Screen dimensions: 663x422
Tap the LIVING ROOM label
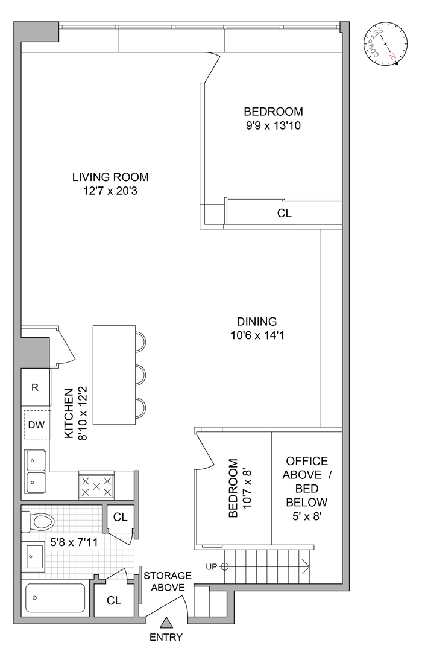pyautogui.click(x=110, y=177)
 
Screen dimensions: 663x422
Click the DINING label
pyautogui.click(x=256, y=322)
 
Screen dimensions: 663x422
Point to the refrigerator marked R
pyautogui.click(x=36, y=387)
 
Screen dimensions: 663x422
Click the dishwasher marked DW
pyautogui.click(x=37, y=425)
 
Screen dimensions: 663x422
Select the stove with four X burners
pyautogui.click(x=96, y=486)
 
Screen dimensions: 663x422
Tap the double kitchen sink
pyautogui.click(x=36, y=471)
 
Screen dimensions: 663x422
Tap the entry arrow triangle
pyautogui.click(x=167, y=623)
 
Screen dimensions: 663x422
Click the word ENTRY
pyautogui.click(x=167, y=637)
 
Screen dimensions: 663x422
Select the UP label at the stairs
pyautogui.click(x=210, y=566)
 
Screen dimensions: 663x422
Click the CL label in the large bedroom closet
pyautogui.click(x=284, y=213)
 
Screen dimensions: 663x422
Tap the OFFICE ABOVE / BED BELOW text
pyautogui.click(x=306, y=481)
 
